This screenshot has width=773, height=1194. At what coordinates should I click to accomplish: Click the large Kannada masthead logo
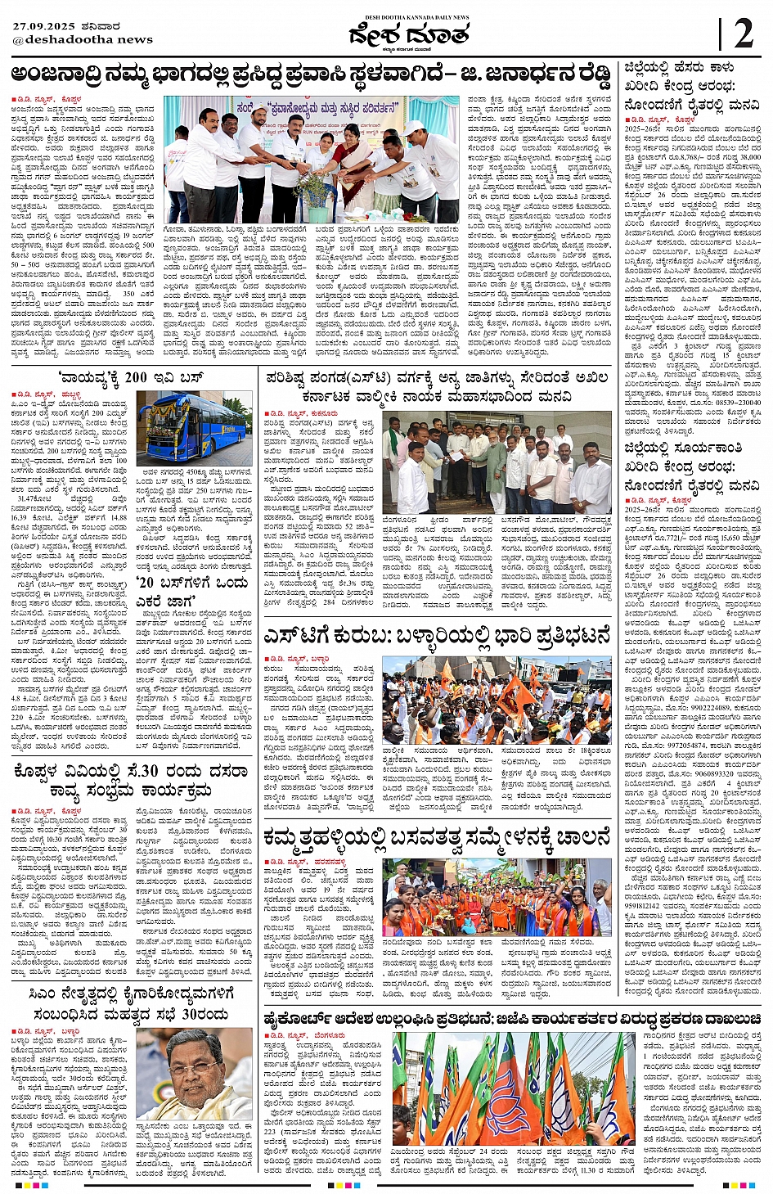408,36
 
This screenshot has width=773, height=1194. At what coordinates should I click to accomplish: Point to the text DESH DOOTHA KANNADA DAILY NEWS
408,17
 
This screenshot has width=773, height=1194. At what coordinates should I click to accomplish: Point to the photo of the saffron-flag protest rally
496,699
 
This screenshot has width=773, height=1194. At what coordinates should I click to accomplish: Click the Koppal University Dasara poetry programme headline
131,781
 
